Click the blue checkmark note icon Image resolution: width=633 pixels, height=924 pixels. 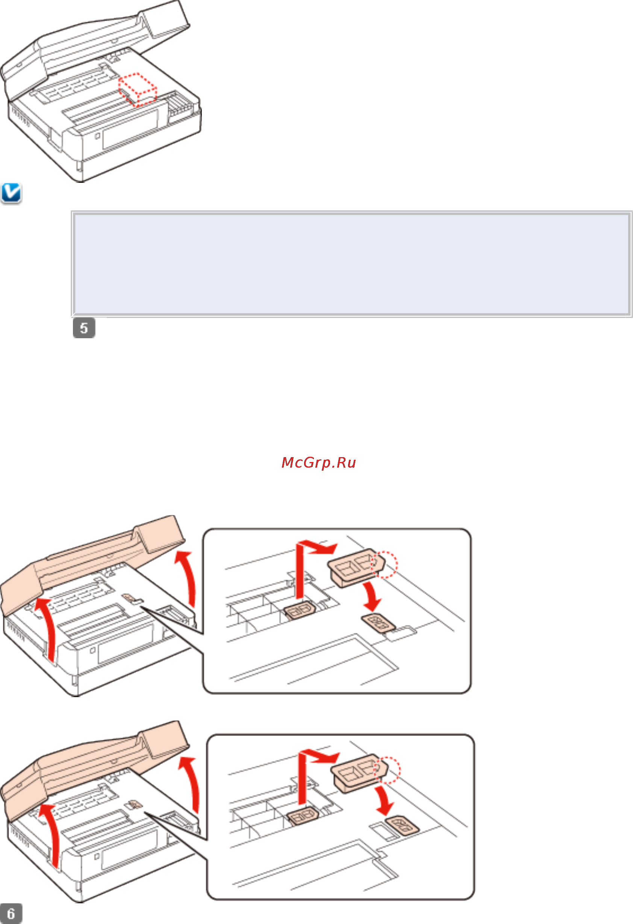coord(11,193)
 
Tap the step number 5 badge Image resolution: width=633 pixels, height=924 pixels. coord(84,328)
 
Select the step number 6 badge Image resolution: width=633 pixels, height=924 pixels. coord(11,913)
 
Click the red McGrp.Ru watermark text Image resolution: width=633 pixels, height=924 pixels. coord(318,462)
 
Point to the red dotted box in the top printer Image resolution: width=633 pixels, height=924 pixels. coord(138,90)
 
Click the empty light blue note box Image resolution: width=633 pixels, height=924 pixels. coord(351,264)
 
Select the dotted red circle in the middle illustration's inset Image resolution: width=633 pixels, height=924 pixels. coord(384,564)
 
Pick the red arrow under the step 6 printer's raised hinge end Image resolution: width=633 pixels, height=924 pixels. coord(190,785)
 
